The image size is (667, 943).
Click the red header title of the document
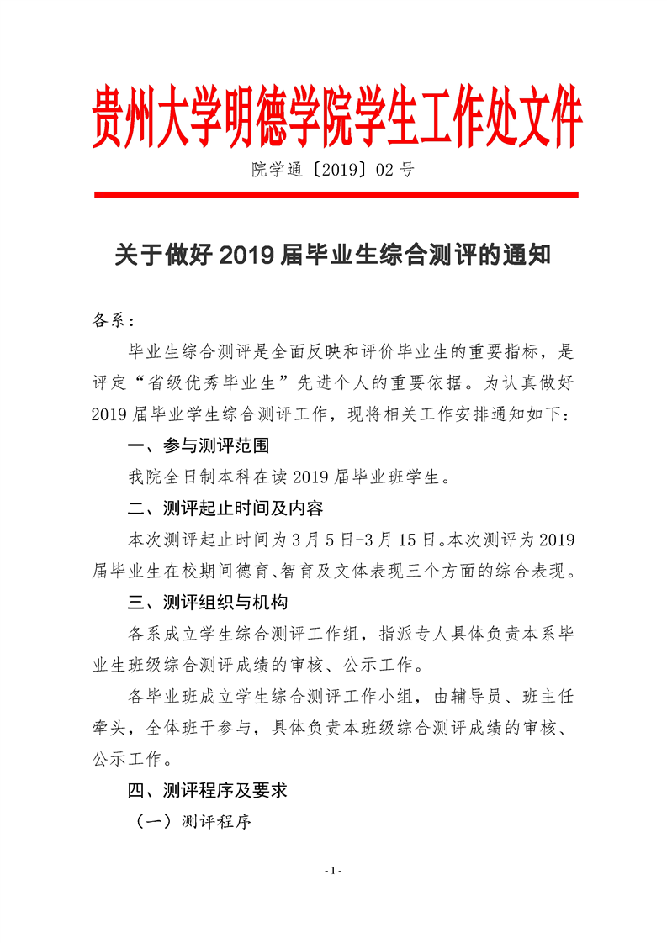(336, 119)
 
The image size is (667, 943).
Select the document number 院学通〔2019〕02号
(333, 171)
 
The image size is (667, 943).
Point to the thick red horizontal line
(336, 195)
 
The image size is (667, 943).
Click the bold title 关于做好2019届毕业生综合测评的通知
(333, 254)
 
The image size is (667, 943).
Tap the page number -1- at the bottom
(334, 870)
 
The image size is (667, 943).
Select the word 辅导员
(478, 696)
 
